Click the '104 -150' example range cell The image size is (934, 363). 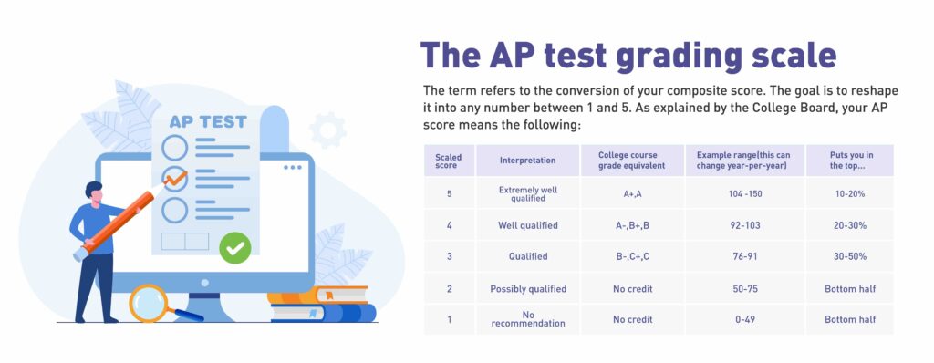pyautogui.click(x=737, y=193)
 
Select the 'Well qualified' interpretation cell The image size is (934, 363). pyautogui.click(x=527, y=225)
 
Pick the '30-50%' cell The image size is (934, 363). pyautogui.click(x=849, y=256)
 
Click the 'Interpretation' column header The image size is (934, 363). pyautogui.click(x=527, y=161)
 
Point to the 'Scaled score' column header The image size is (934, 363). pyautogui.click(x=448, y=161)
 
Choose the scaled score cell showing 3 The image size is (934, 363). pyautogui.click(x=448, y=256)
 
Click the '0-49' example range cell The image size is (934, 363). pyautogui.click(x=737, y=319)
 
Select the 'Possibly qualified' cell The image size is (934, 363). pyautogui.click(x=527, y=288)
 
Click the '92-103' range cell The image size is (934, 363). pyautogui.click(x=737, y=225)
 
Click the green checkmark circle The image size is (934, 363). pyautogui.click(x=235, y=246)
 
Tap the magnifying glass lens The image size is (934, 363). pyautogui.click(x=148, y=303)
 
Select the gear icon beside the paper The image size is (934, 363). pyautogui.click(x=327, y=130)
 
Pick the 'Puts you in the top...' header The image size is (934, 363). pyautogui.click(x=849, y=161)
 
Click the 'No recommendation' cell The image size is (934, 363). pyautogui.click(x=527, y=319)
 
